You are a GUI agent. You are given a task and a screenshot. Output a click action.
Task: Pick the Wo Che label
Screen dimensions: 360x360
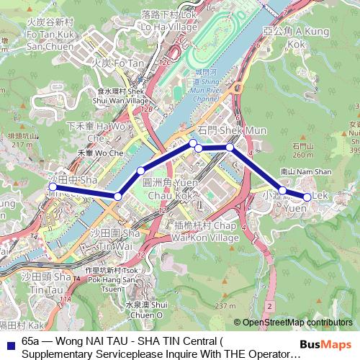[104, 153]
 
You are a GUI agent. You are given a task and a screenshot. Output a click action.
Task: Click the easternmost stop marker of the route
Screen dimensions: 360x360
[307, 197]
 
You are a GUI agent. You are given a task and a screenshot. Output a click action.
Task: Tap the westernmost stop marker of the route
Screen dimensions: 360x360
[52, 186]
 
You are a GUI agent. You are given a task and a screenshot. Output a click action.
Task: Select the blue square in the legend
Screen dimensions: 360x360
[9, 344]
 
